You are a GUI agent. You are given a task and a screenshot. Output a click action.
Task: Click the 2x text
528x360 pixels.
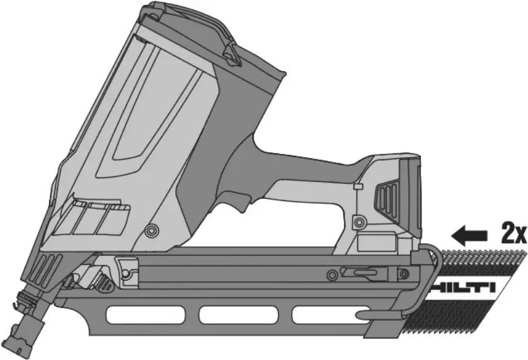513,235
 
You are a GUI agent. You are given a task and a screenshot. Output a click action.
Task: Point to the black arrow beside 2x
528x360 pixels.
471,236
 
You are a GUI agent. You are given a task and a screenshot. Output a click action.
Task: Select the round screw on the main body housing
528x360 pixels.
151,231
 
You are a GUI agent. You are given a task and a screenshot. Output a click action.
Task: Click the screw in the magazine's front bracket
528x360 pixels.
126,272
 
